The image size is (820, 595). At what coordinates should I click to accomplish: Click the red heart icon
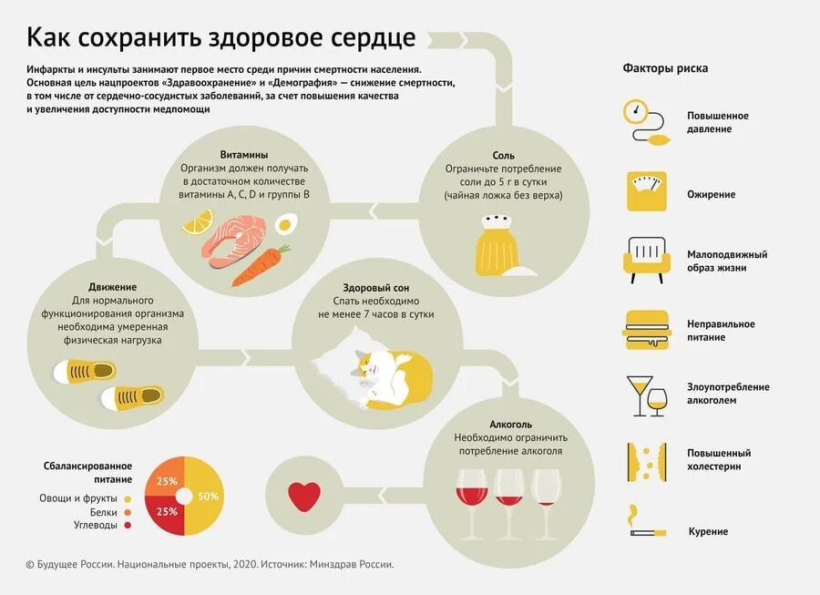click(304, 496)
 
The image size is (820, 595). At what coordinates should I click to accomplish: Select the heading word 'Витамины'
click(244, 155)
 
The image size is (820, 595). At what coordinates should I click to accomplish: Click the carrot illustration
click(260, 265)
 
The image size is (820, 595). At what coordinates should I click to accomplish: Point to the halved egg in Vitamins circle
click(287, 223)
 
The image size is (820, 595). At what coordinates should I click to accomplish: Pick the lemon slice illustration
click(197, 221)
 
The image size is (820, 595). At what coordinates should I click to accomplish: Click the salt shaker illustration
click(498, 244)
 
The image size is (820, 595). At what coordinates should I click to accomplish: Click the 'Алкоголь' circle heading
click(510, 425)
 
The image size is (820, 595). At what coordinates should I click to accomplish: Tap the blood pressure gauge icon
click(645, 120)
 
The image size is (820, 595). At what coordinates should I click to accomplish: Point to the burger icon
click(646, 329)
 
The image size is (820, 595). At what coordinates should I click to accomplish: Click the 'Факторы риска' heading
click(665, 68)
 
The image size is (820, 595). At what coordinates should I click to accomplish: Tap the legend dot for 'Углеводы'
click(128, 525)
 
